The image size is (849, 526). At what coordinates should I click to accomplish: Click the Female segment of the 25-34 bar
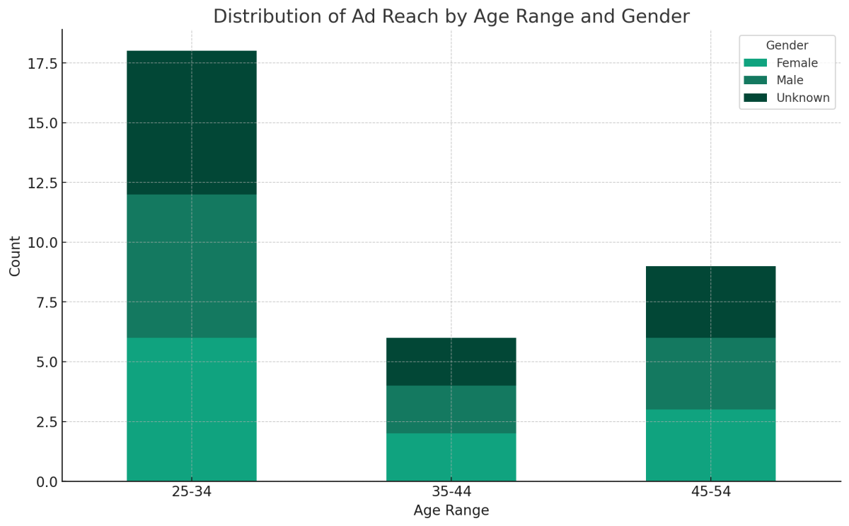(x=192, y=409)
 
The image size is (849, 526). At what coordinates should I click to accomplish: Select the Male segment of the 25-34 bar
(x=192, y=265)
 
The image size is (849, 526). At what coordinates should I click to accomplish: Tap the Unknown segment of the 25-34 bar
(x=192, y=122)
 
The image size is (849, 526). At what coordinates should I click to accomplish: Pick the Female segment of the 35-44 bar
(x=451, y=457)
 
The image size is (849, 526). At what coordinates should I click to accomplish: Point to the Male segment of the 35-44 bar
(x=451, y=409)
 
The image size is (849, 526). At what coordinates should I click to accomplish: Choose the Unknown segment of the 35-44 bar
(x=451, y=361)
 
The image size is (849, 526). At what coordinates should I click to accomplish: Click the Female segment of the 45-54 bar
(x=710, y=445)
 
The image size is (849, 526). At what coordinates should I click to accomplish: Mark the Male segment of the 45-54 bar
(x=710, y=373)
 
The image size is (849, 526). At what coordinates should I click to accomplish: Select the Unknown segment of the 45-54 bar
(x=710, y=302)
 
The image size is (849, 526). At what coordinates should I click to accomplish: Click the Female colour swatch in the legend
(x=756, y=63)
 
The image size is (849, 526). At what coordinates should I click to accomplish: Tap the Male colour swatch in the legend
(x=756, y=80)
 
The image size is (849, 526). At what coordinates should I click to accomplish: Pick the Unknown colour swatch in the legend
(x=756, y=98)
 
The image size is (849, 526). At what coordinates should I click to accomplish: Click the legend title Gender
(x=787, y=46)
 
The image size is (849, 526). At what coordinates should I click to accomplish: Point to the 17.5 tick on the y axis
(x=42, y=63)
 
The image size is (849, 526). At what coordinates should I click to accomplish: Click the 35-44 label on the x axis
(x=451, y=492)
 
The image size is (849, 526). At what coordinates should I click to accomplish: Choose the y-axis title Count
(x=15, y=256)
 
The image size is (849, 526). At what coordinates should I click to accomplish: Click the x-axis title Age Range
(x=451, y=510)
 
